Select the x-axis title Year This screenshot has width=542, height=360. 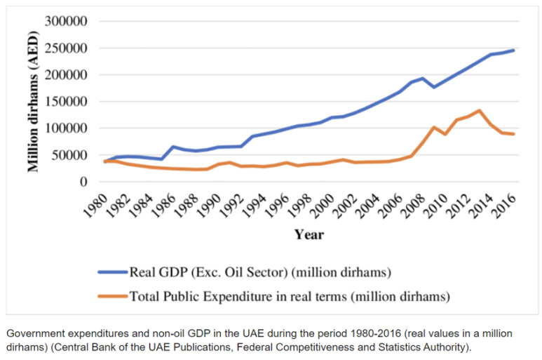(309, 234)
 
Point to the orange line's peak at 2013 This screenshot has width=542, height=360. (479, 110)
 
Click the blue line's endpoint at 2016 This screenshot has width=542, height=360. (513, 51)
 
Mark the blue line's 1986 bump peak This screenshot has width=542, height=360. (173, 147)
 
